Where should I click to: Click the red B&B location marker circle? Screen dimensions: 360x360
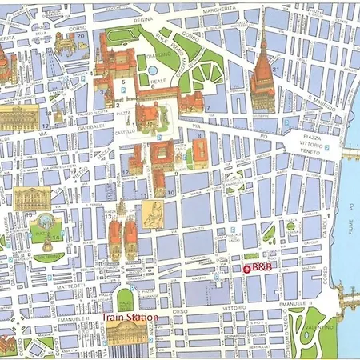pos(246,269)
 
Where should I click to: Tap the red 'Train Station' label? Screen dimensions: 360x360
pos(129,317)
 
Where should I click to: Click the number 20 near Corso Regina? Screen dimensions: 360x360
pos(80,35)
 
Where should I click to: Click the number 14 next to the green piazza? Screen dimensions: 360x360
pos(57,238)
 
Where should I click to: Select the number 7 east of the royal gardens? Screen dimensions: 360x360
pos(207,107)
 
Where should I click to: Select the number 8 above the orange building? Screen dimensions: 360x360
pos(198,135)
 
